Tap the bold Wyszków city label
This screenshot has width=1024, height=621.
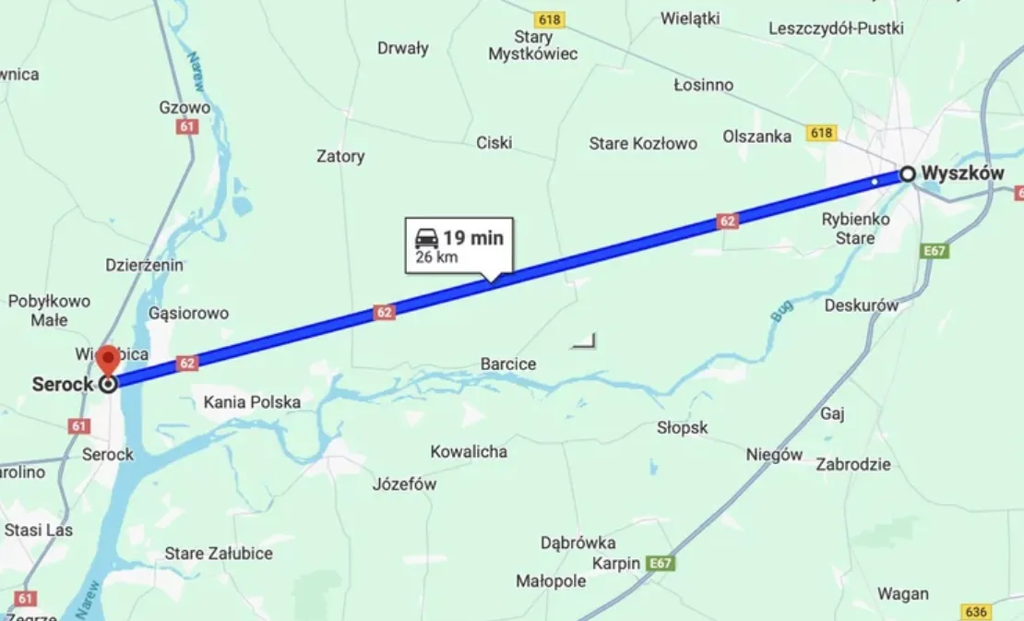(962, 173)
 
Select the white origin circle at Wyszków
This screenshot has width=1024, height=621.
(908, 173)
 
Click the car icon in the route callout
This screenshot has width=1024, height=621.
(426, 238)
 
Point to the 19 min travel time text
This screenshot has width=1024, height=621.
(473, 238)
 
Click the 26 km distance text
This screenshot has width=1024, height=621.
(436, 257)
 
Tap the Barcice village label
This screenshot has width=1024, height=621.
(507, 364)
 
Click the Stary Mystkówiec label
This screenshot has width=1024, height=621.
(533, 45)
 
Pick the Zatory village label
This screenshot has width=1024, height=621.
(340, 156)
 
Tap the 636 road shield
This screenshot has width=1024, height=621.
(975, 612)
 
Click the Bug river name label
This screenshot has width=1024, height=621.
(780, 314)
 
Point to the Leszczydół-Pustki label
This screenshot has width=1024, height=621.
(836, 29)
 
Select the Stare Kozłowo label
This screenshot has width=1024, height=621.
(643, 143)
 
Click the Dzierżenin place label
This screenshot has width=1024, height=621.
(144, 265)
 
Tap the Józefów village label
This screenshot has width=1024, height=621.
(404, 484)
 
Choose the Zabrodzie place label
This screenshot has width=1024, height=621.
(853, 464)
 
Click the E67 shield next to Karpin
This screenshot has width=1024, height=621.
(661, 563)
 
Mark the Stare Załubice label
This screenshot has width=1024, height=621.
(219, 553)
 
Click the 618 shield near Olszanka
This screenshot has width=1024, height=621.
(820, 134)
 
